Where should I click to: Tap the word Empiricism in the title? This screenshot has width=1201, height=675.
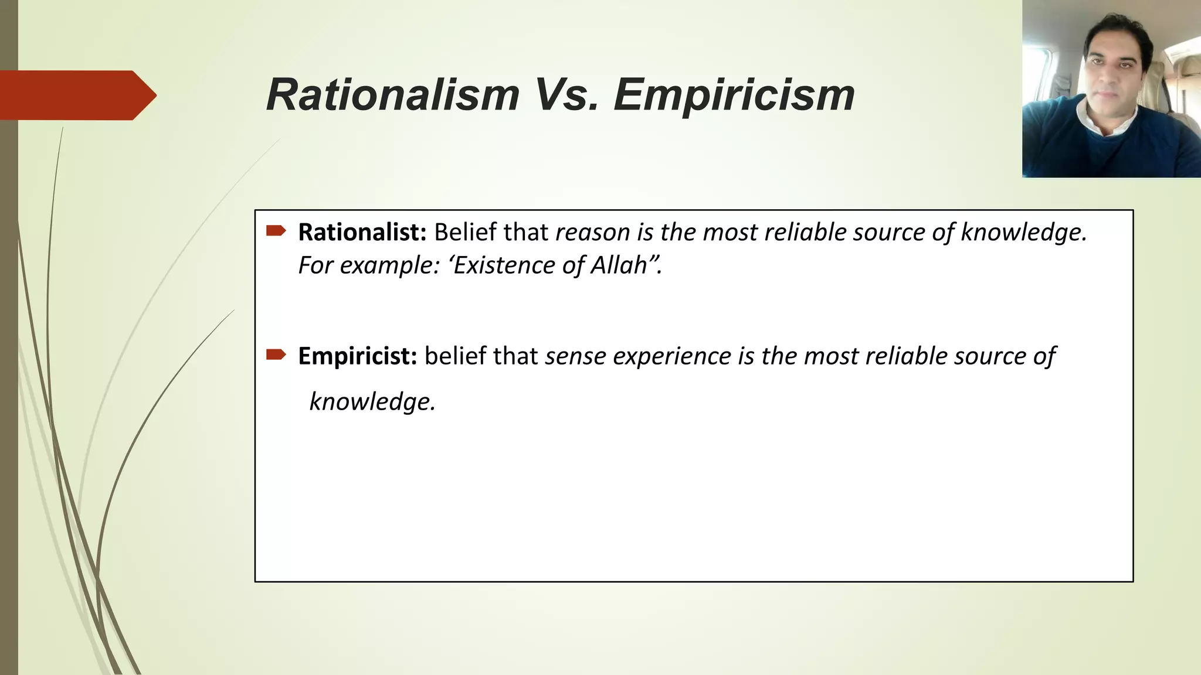734,95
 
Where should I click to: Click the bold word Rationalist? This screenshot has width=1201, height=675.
362,233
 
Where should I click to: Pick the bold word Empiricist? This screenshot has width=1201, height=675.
357,356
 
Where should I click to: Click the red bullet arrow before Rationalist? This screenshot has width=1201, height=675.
276,231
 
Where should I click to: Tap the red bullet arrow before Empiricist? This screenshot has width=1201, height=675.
276,354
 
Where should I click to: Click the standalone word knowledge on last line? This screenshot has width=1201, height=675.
372,402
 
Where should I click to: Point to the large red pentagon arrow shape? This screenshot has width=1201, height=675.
76,95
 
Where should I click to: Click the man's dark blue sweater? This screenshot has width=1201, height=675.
1114,152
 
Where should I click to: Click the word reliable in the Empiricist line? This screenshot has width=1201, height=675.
906,356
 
